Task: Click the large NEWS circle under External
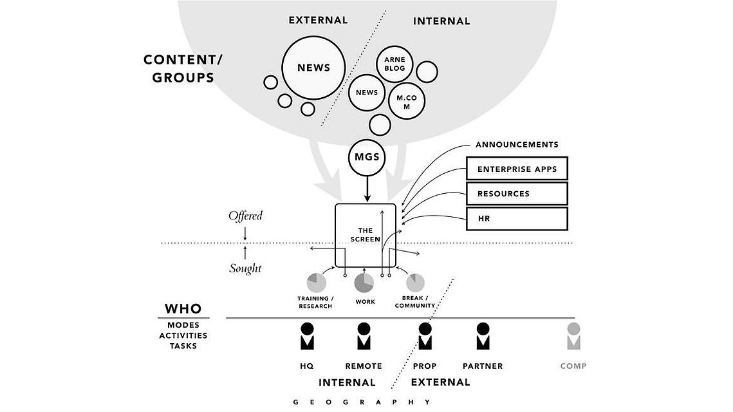(313, 68)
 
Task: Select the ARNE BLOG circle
(394, 64)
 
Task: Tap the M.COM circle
(407, 101)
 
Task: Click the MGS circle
(367, 157)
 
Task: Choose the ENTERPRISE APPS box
(517, 169)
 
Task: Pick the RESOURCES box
(517, 194)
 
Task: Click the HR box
(517, 218)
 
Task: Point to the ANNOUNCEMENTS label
(517, 144)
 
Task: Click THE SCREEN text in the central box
(366, 235)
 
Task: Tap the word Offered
(245, 216)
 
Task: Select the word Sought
(245, 268)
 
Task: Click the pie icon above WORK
(364, 283)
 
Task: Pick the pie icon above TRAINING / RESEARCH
(317, 283)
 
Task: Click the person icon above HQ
(307, 336)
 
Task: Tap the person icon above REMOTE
(364, 336)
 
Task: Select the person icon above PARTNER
(483, 336)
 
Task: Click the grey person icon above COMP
(573, 336)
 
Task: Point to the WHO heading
(183, 308)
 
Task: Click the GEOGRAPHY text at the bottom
(362, 402)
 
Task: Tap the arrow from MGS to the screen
(367, 189)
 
